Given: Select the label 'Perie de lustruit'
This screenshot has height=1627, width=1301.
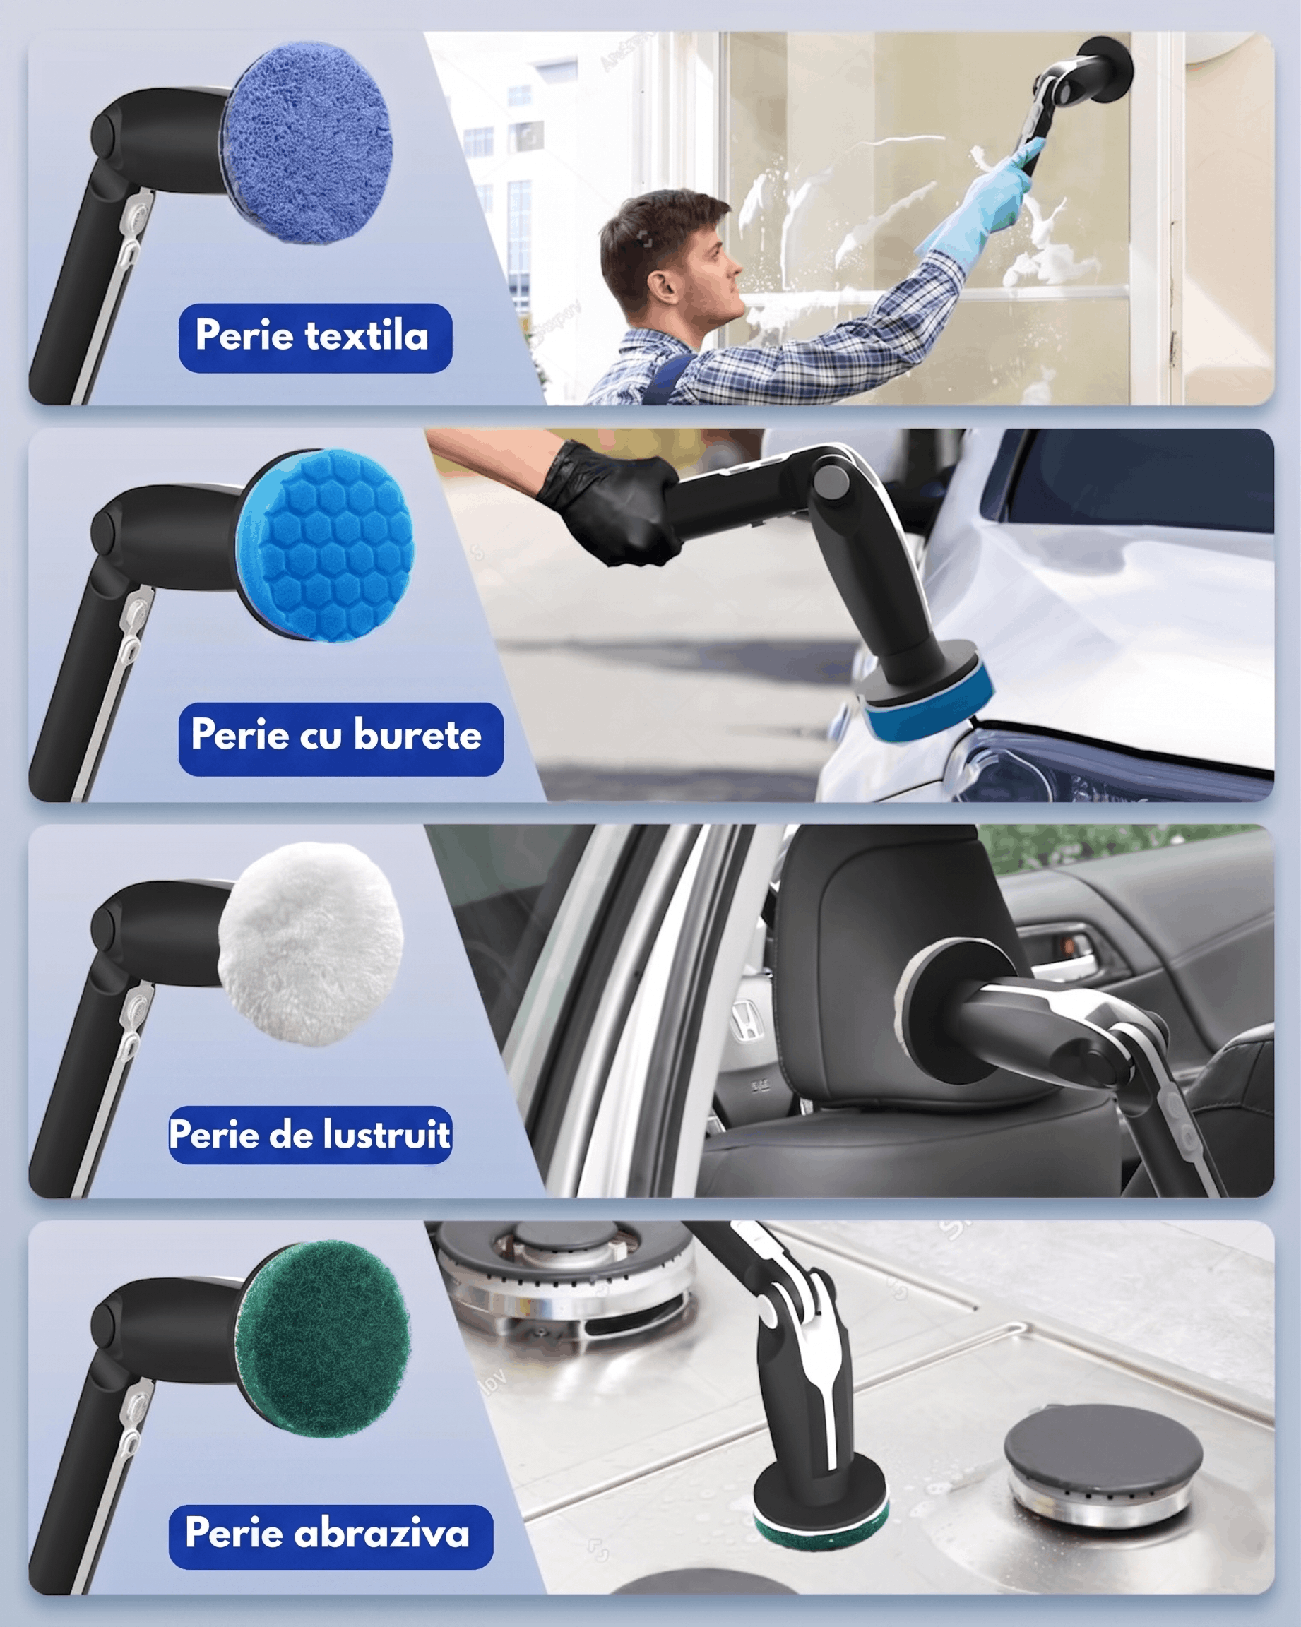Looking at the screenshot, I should pos(310,1135).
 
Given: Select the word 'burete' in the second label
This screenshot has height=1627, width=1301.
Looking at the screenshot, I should pos(417,737).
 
